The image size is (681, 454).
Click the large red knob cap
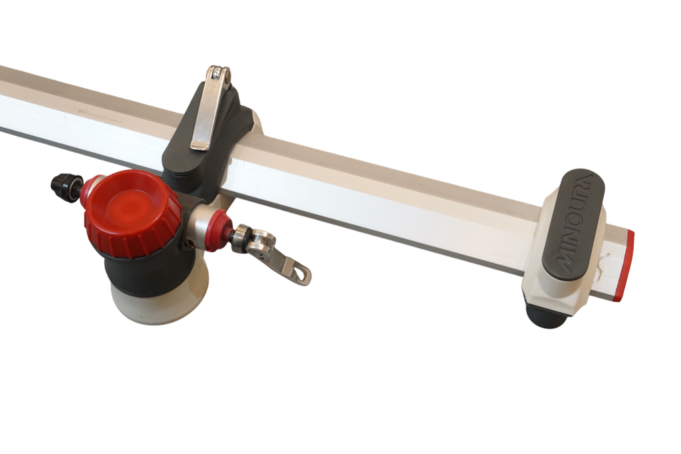tap(132, 213)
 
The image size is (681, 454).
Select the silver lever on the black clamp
tap(209, 109)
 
